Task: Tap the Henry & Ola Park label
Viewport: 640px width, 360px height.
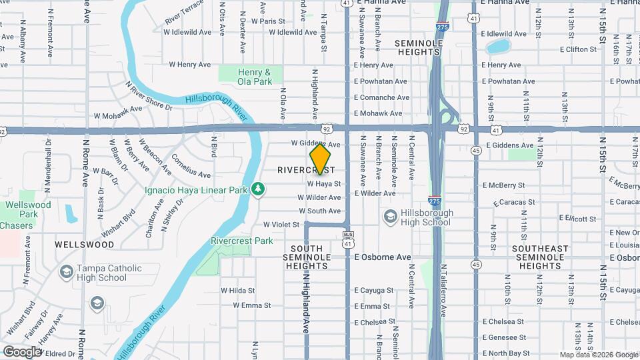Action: point(255,77)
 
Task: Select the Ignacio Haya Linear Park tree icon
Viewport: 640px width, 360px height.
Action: point(258,190)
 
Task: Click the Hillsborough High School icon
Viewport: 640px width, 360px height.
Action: point(390,217)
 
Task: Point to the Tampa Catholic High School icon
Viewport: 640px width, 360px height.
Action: point(66,272)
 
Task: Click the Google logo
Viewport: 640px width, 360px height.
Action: point(22,351)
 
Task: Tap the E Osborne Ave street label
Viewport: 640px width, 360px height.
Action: point(383,257)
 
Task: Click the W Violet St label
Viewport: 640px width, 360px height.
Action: point(281,225)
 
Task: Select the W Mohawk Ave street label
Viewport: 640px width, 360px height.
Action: point(117,109)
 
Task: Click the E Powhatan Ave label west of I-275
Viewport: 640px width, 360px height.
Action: point(380,81)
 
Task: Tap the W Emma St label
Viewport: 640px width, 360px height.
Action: point(252,305)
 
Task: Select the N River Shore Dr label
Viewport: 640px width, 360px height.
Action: point(148,96)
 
